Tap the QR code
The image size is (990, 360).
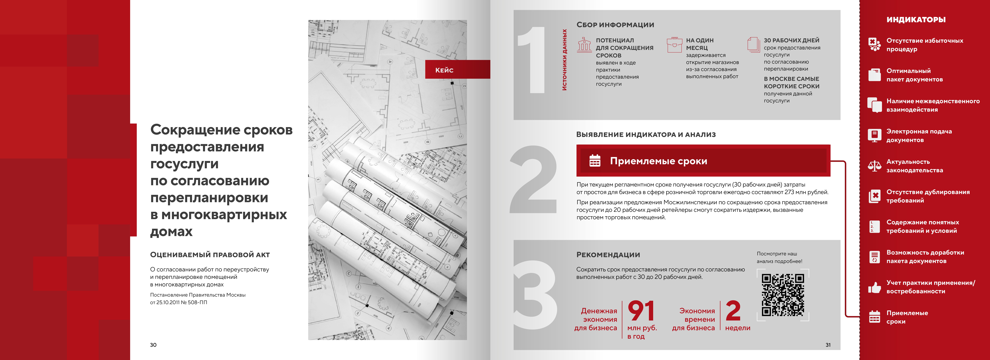pyautogui.click(x=783, y=295)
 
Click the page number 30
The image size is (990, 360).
pyautogui.click(x=153, y=345)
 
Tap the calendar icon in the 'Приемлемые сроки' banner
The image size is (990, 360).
pyautogui.click(x=595, y=161)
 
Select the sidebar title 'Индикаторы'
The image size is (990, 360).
pyautogui.click(x=916, y=20)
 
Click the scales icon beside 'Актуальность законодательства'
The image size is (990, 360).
pyautogui.click(x=875, y=166)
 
